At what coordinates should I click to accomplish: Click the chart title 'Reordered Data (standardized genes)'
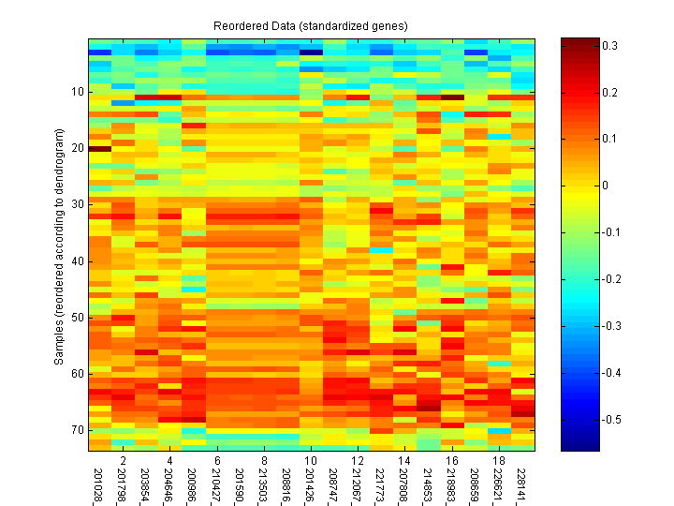[x=311, y=25]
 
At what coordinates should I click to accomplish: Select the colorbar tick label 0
[x=606, y=186]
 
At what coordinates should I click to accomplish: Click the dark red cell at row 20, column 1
[x=100, y=148]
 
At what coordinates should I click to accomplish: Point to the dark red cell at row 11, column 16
[x=453, y=97]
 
